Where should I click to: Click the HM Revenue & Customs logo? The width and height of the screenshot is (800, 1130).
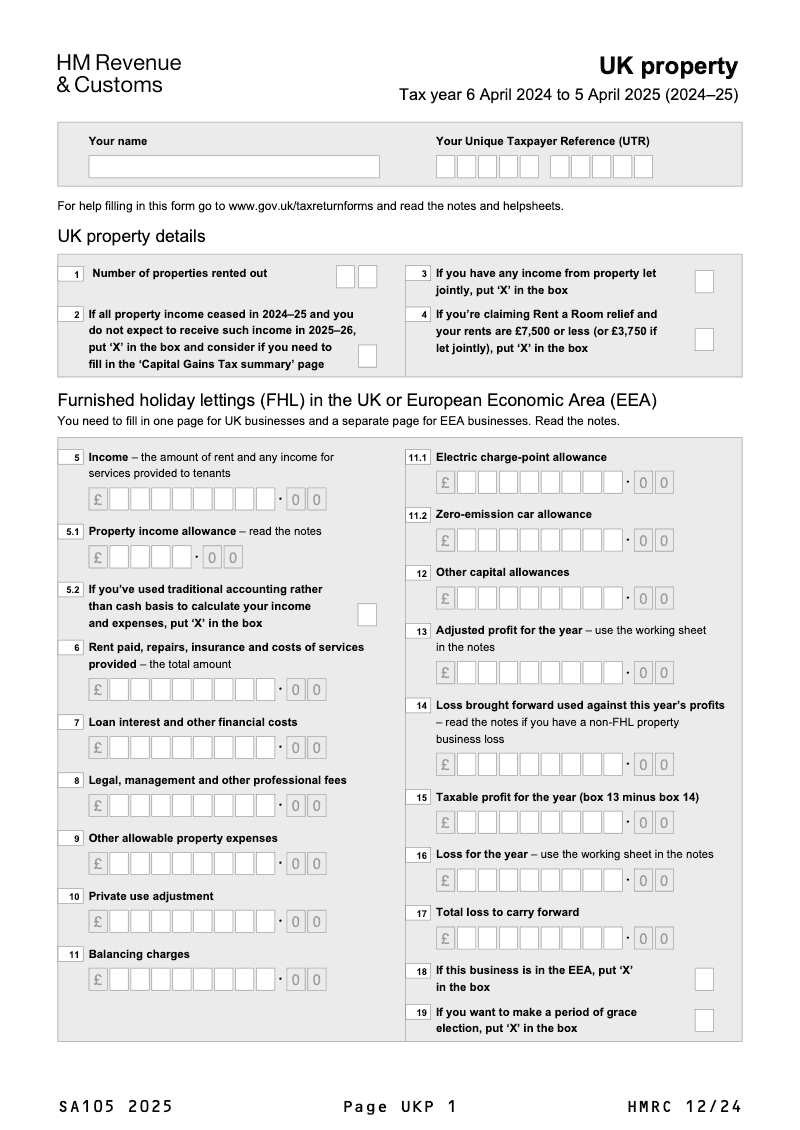point(118,74)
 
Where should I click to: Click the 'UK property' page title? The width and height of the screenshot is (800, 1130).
point(668,67)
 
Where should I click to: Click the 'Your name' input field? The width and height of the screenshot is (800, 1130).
point(234,166)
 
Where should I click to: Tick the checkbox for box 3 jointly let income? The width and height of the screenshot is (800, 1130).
point(704,281)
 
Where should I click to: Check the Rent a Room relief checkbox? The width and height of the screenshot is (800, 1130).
point(704,339)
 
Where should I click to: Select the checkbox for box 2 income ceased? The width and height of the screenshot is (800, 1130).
point(367,355)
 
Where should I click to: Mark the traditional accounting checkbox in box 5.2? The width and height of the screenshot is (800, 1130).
point(367,614)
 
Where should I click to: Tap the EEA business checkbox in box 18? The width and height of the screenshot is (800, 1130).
point(704,979)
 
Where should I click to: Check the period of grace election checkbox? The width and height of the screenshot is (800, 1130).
point(704,1020)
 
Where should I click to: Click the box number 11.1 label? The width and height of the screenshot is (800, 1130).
point(417,458)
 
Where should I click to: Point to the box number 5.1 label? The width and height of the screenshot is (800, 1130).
point(72,532)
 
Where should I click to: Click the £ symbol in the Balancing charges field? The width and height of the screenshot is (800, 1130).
point(98,980)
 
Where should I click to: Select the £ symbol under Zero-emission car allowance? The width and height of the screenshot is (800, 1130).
point(445,541)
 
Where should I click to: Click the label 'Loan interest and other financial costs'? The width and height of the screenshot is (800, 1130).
point(193,722)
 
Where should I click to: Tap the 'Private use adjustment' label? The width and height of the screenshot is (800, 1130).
point(151,896)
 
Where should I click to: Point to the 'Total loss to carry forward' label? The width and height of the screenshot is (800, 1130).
point(507,912)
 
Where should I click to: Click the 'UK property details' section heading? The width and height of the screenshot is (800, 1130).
point(132,237)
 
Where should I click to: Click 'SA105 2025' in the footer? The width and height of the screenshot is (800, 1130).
point(116,1106)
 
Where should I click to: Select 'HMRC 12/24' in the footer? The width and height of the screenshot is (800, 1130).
point(685,1106)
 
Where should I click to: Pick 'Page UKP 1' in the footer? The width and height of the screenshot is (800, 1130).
point(400,1106)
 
